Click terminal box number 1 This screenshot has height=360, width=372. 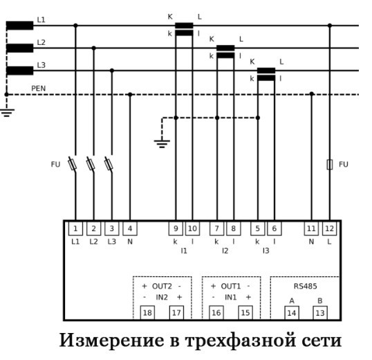pyautogui.click(x=75, y=228)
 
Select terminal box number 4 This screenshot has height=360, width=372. pyautogui.click(x=130, y=228)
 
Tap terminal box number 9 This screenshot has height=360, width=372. pyautogui.click(x=176, y=228)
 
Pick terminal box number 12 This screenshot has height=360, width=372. pyautogui.click(x=329, y=228)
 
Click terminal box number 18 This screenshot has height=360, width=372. pyautogui.click(x=147, y=313)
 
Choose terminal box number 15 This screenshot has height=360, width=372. pyautogui.click(x=245, y=313)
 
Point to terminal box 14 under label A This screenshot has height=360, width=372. pyautogui.click(x=291, y=313)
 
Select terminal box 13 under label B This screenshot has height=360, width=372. pyautogui.click(x=320, y=313)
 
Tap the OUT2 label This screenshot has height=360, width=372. pyautogui.click(x=161, y=285)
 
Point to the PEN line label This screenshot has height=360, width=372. pyautogui.click(x=39, y=88)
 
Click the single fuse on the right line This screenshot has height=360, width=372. pyautogui.click(x=329, y=164)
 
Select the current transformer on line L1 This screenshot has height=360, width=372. pyautogui.click(x=184, y=28)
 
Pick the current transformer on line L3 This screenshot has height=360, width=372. pyautogui.click(x=266, y=74)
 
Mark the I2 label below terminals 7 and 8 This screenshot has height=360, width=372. pyautogui.click(x=225, y=251)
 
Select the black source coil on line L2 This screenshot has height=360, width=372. pyautogui.click(x=19, y=48)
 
